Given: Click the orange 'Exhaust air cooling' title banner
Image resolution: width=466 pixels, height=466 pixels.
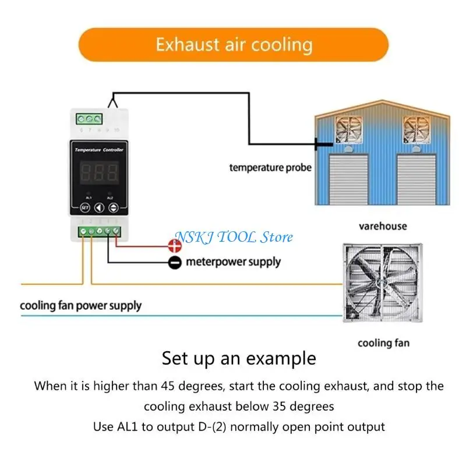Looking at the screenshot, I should point(233,45).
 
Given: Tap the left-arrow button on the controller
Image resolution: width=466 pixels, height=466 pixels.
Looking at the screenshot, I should point(99,206).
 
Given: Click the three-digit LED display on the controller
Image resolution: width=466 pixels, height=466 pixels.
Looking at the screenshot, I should point(98,172).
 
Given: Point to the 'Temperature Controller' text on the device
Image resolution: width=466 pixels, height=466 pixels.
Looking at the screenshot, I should point(98,150).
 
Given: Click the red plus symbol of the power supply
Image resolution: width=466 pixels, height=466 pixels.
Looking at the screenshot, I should point(175,246).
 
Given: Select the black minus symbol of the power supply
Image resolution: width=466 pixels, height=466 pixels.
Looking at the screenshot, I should point(175,263).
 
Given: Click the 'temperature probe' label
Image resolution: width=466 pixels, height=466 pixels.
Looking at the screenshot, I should point(270,168).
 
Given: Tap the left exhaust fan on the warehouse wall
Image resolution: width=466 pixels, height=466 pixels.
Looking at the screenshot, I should point(351,129).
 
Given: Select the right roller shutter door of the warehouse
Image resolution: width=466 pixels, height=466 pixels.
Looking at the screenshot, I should point(415,177).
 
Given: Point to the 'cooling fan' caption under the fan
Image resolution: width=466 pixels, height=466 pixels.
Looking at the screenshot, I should point(383,343).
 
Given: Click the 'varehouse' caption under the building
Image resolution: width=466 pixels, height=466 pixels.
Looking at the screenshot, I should point(383,225).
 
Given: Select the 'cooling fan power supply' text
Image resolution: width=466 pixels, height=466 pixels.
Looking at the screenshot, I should point(80,305).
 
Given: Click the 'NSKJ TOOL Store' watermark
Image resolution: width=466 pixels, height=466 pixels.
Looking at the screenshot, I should point(234,236).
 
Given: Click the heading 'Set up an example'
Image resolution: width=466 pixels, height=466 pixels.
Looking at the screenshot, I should point(239,357).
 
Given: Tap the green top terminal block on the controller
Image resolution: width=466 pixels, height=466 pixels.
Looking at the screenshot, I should point(90,118).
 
